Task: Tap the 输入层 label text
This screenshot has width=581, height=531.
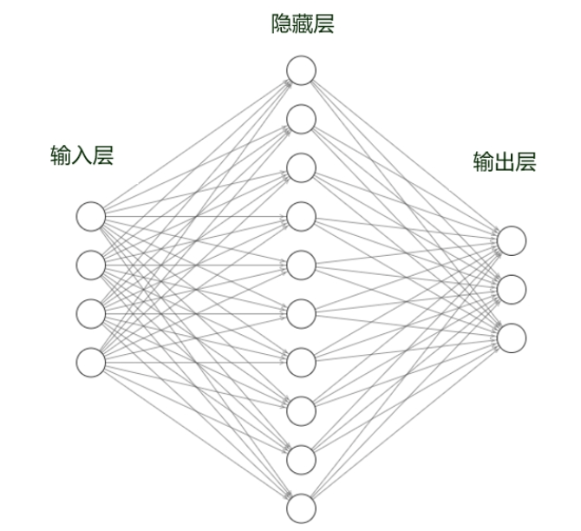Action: [82, 156]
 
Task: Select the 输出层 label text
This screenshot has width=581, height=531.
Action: [505, 162]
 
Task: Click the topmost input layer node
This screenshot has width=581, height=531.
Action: [90, 214]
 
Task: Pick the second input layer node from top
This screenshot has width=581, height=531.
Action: [90, 263]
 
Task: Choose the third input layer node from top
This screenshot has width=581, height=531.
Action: [90, 311]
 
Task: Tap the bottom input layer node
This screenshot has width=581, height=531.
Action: [90, 361]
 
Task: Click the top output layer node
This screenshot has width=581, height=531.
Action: [512, 240]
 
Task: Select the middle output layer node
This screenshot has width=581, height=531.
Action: [512, 289]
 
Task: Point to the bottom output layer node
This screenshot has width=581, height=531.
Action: [512, 337]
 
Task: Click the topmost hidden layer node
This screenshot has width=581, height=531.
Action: [301, 70]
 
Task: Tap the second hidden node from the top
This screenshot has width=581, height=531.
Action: [301, 119]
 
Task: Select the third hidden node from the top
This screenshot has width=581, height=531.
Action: [301, 167]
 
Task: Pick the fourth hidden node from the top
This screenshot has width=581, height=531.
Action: [301, 216]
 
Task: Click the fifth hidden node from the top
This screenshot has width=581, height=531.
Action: [301, 265]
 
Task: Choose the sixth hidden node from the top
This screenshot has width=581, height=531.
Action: [301, 312]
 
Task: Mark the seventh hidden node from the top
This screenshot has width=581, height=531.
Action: [301, 361]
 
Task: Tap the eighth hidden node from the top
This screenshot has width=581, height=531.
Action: [301, 410]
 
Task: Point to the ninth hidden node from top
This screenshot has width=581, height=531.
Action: [301, 458]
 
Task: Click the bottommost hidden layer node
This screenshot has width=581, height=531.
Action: [301, 507]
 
